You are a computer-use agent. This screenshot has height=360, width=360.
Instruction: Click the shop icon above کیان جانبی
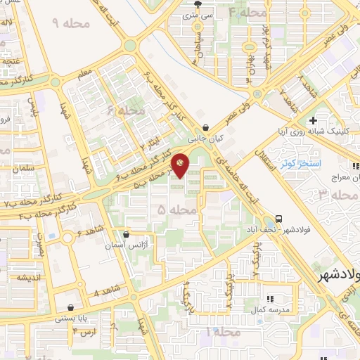205,128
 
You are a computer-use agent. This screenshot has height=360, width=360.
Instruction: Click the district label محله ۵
172,210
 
